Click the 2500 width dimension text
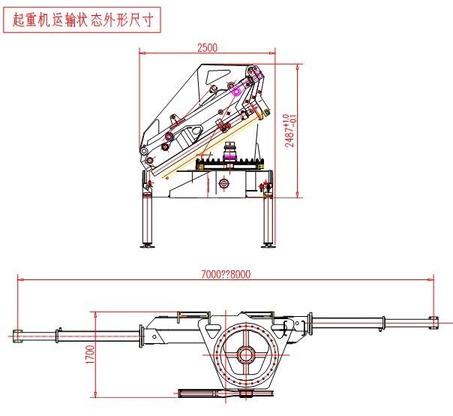coord(207,47)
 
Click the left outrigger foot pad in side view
coord(148,244)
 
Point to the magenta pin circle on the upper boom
coord(236,91)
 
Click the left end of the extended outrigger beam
coord(19,333)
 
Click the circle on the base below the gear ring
coord(224,184)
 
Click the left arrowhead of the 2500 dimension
coord(143,53)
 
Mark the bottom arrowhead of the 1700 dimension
coord(95,395)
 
